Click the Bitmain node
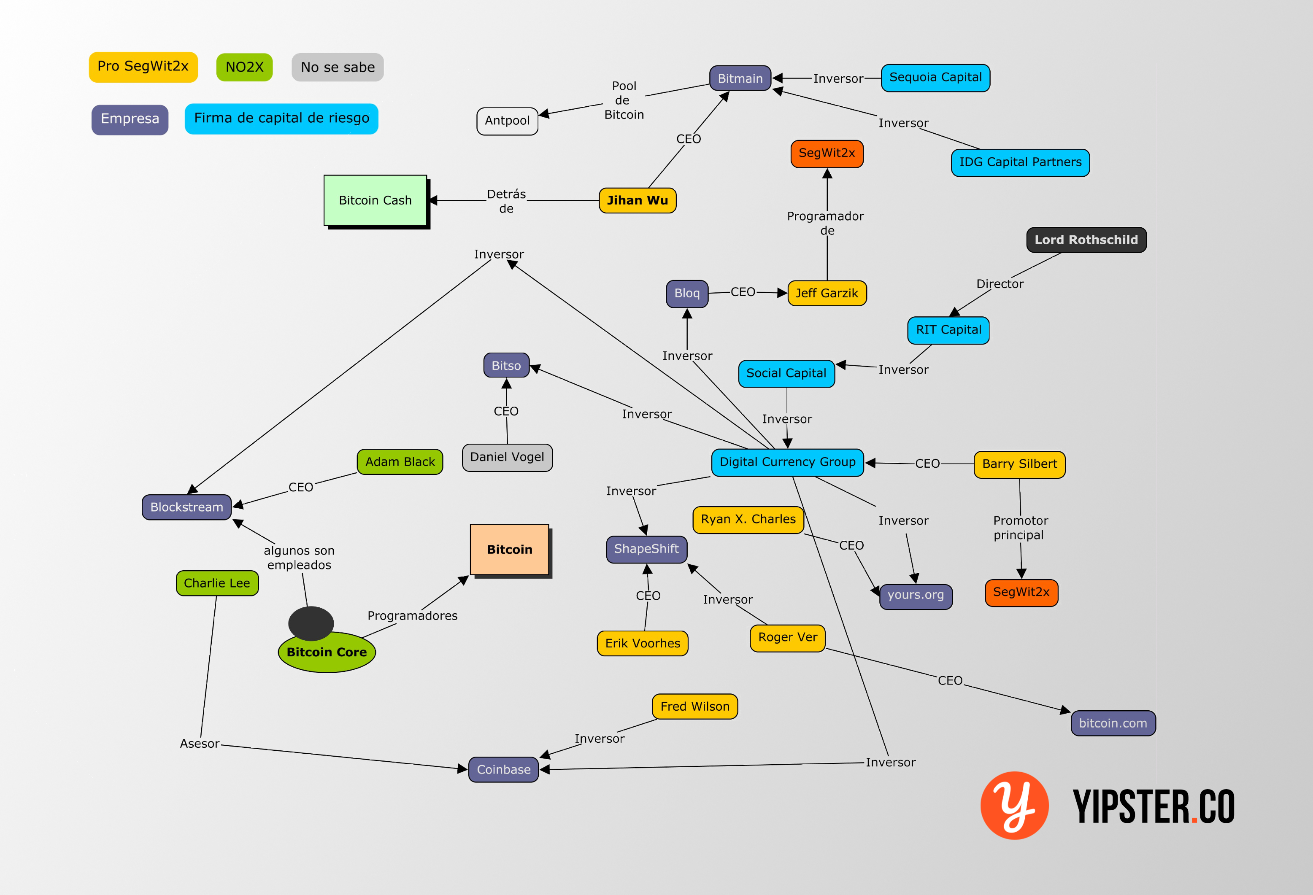point(740,78)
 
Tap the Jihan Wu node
point(637,200)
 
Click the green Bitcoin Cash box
point(375,200)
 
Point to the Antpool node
point(507,121)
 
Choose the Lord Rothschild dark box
point(1086,240)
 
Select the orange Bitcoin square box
point(509,550)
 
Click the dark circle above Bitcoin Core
point(311,623)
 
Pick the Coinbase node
point(503,770)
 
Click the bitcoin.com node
point(1113,723)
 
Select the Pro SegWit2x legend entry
point(143,67)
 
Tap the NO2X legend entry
point(244,67)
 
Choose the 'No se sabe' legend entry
point(337,67)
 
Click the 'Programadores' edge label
point(413,615)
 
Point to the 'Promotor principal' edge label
point(1020,527)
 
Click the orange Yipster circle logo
point(1014,805)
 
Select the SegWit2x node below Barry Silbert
point(1021,592)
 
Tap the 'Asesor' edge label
point(200,744)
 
